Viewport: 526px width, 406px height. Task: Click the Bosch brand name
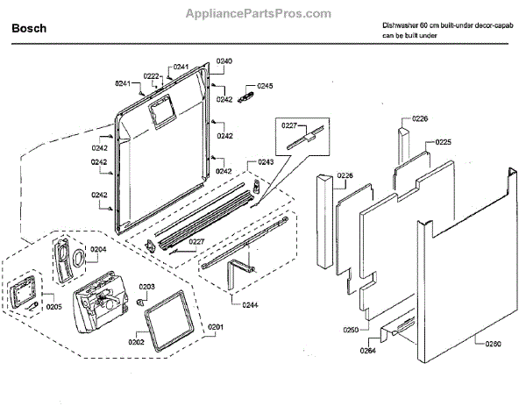point(30,29)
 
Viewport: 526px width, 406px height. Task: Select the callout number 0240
point(224,61)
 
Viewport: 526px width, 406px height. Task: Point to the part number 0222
point(151,76)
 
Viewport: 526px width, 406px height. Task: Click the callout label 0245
point(265,86)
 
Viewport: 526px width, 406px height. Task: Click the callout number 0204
point(97,249)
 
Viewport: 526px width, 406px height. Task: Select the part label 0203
point(146,287)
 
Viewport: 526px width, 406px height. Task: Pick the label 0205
point(53,306)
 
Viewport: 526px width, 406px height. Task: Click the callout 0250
point(350,331)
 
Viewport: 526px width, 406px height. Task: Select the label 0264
point(367,351)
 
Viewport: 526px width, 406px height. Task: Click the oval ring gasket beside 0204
point(78,257)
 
